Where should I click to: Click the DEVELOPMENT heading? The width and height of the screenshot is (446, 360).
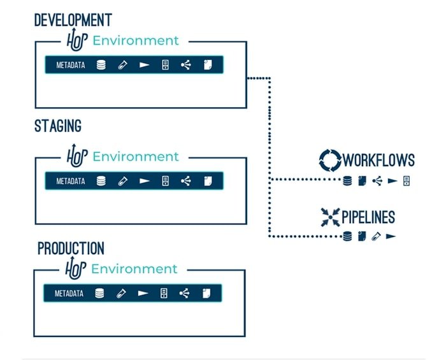tap(73, 20)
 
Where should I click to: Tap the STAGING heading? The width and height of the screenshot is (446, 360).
tap(58, 126)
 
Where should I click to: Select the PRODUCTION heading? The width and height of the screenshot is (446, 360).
tap(71, 248)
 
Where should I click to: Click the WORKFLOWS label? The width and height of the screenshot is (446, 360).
tap(379, 160)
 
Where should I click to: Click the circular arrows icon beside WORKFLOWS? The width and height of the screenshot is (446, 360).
tap(330, 160)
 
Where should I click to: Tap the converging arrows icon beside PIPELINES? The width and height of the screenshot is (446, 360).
tap(331, 217)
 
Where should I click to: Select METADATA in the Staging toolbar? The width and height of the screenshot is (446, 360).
tap(71, 181)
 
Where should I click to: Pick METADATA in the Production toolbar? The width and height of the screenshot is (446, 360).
tap(69, 294)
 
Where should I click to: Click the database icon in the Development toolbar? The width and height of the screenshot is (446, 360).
tap(101, 65)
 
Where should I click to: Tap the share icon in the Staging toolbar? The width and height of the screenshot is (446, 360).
tap(185, 181)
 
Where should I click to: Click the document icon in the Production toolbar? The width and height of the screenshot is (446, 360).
tap(206, 294)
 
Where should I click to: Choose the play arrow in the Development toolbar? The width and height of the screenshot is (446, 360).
tap(145, 65)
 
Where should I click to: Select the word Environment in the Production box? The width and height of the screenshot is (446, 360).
tap(134, 268)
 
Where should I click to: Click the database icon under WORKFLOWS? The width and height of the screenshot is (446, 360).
tap(347, 181)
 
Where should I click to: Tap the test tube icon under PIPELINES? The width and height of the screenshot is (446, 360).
tap(377, 236)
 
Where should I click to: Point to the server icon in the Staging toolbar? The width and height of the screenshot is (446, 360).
tap(165, 181)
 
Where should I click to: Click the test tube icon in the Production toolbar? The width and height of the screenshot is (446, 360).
tap(120, 294)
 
